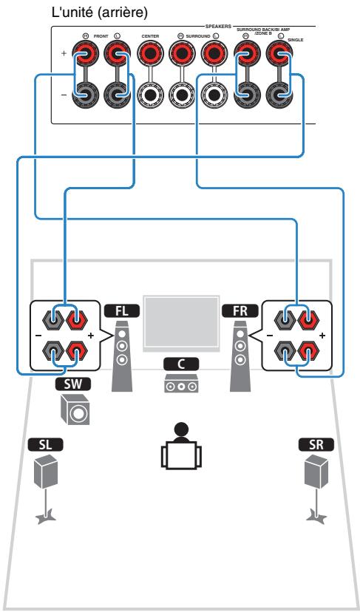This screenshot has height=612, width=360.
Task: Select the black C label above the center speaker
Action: click(x=180, y=364)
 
